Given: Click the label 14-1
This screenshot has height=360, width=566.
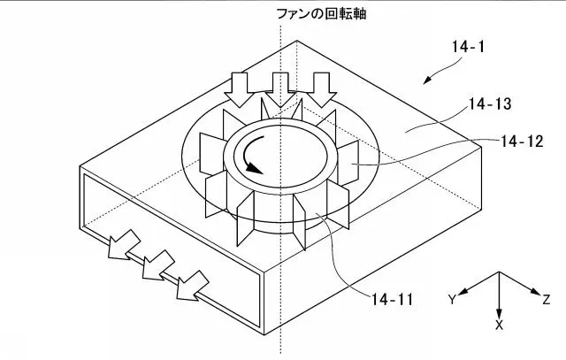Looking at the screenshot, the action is point(468,47).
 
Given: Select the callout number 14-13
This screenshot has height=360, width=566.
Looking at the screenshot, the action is point(490,104).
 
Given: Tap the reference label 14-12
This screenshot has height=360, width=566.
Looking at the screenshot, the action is point(522,142).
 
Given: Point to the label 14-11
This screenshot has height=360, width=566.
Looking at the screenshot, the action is point(393,299).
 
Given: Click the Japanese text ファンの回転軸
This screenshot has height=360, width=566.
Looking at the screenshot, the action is point(321,14).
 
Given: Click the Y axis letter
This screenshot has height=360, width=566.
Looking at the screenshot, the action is point(452,299).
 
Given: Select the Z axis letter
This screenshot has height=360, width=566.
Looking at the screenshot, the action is point(547,299).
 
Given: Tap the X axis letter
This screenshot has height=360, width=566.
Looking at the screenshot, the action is point(499,325).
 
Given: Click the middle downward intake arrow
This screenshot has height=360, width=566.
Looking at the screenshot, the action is point(280,89).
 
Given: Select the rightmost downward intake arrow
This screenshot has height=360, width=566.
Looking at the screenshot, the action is point(321,89).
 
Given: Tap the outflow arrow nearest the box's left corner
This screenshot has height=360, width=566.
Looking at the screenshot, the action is point(124,245).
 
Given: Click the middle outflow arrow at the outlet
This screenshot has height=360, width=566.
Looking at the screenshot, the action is point(158,265).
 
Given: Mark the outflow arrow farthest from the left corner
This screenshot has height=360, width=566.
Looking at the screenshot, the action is point(193,285).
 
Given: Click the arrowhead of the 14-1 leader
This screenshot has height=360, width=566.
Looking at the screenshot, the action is point(426,80).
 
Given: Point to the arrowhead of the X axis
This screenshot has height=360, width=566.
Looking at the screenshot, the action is point(499,314).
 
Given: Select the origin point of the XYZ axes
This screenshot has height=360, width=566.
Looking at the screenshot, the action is point(499,272).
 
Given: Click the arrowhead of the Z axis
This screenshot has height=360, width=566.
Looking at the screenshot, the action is point(535,292).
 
